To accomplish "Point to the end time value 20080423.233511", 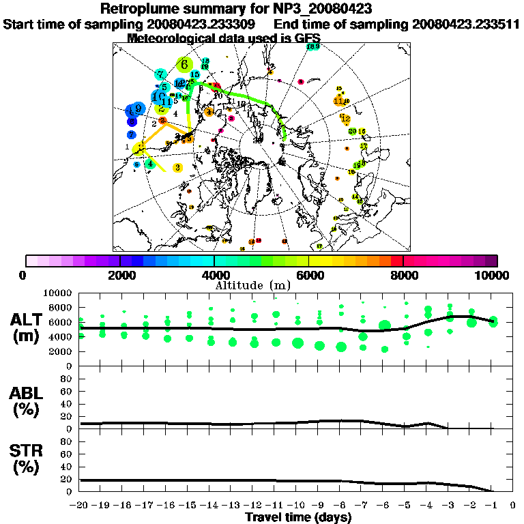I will click(x=466, y=24).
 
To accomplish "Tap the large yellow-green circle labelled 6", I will click(x=184, y=65).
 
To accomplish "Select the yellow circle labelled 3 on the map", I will click(x=177, y=167).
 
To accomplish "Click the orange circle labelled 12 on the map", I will click(x=345, y=117).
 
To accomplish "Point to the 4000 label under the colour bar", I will click(x=214, y=276).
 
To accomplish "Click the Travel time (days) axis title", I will click(x=298, y=518).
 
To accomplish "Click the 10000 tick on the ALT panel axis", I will click(x=59, y=293).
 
